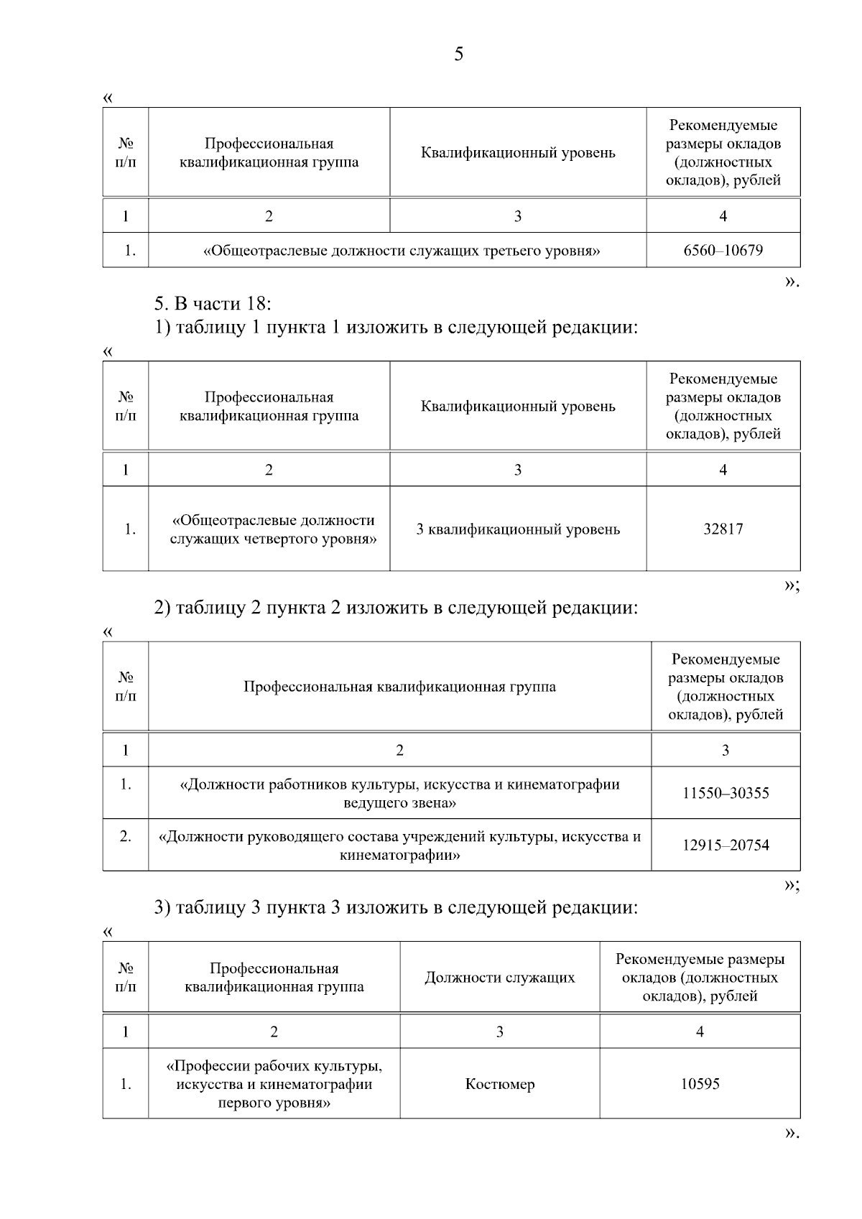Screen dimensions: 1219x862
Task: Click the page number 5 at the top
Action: click(458, 55)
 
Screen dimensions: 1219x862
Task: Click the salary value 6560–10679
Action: click(723, 251)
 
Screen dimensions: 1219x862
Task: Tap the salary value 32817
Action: click(723, 529)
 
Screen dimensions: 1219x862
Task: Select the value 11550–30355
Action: click(726, 793)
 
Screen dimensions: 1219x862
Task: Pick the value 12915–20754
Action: click(726, 845)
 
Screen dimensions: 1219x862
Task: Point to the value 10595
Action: click(700, 1084)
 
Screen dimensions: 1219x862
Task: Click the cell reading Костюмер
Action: click(500, 1084)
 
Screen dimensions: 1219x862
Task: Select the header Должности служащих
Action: click(500, 978)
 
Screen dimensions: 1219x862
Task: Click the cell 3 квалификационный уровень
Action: click(518, 529)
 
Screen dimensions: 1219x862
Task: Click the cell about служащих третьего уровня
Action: click(402, 251)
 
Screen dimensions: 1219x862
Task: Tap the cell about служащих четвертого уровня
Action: click(273, 529)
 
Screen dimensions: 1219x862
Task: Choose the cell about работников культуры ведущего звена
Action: click(399, 793)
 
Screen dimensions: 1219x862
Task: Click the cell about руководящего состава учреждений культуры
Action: click(399, 845)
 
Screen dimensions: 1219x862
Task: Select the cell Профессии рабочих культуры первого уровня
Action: click(274, 1084)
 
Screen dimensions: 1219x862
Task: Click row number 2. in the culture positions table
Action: click(126, 837)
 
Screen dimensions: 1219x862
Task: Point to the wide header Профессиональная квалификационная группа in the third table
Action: click(399, 687)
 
